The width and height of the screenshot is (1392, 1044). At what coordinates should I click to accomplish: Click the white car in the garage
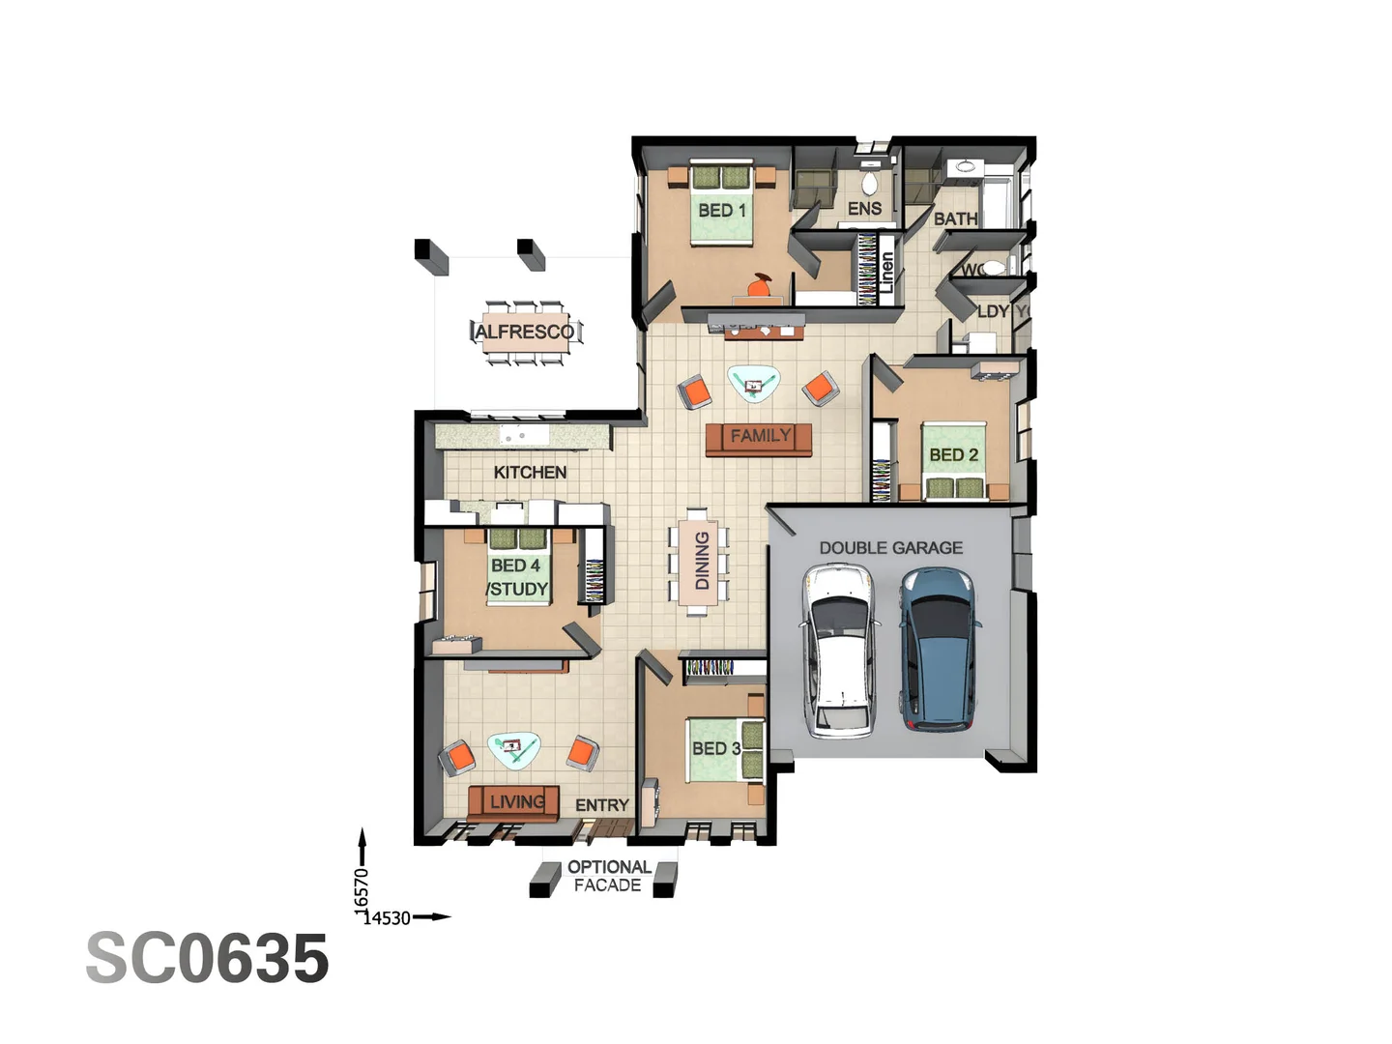point(838,651)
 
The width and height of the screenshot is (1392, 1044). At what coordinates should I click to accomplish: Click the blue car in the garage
point(938,647)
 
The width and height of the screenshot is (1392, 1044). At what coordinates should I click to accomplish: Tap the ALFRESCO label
point(525,332)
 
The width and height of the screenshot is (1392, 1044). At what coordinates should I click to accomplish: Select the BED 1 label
point(722,210)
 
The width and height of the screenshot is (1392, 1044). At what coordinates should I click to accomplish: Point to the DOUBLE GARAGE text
point(890,547)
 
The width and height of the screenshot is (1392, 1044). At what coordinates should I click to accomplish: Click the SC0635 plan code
point(208,958)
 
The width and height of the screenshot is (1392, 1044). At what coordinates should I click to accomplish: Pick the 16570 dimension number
point(362,888)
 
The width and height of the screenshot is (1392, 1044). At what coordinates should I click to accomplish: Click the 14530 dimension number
point(389,918)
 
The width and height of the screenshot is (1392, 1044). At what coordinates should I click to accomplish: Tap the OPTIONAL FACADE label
point(608,876)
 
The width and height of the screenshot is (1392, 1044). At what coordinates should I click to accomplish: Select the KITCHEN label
point(530,472)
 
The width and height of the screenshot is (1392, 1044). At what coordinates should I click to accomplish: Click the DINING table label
point(701,561)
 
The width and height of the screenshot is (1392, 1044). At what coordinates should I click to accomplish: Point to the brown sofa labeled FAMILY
point(760,437)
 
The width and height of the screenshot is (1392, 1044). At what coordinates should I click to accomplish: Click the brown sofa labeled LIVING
point(515,802)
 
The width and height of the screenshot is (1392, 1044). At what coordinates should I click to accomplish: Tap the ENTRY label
point(601,805)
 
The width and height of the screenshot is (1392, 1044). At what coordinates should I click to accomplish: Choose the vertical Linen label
point(886,272)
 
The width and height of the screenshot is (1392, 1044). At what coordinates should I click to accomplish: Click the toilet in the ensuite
point(868,184)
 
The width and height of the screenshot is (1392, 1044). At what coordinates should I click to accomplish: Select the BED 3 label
point(715,748)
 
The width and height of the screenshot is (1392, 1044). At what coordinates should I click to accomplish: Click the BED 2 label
point(953,454)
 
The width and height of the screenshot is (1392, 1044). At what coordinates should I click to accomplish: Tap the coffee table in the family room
point(754,383)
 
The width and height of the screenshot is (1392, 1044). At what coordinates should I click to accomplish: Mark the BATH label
point(955,219)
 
